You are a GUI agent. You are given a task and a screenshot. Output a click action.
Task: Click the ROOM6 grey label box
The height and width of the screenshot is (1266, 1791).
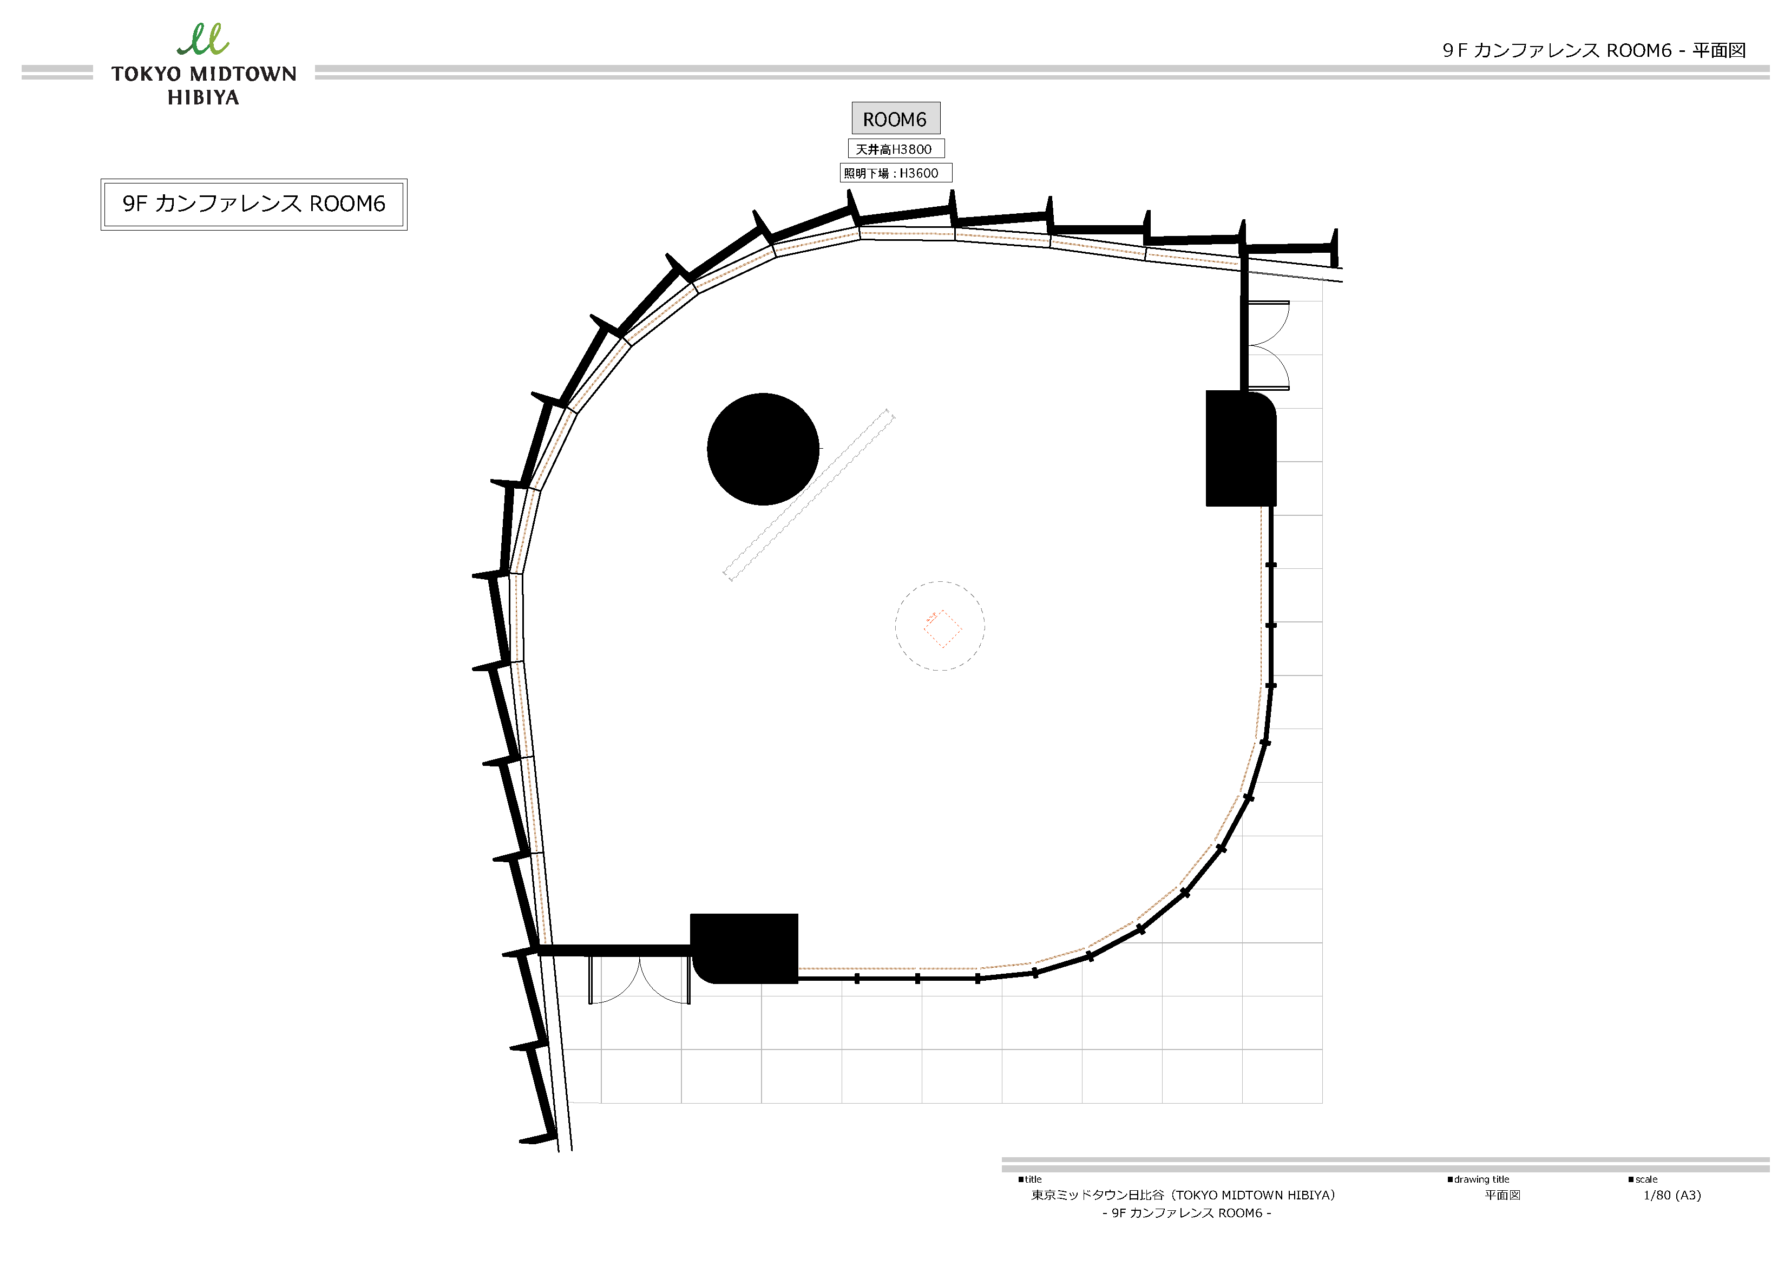point(895,119)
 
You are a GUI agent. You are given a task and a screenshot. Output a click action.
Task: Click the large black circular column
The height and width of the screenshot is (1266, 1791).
point(763,449)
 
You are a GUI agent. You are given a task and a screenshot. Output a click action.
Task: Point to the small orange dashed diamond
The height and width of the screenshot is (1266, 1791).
point(942,629)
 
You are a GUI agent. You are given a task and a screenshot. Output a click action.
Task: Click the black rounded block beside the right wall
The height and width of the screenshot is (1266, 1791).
point(1241,449)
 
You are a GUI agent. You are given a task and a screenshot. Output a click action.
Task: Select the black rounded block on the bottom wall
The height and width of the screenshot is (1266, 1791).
point(744,948)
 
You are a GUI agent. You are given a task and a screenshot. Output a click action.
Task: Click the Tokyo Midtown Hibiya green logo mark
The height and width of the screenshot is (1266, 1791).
point(203,39)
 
